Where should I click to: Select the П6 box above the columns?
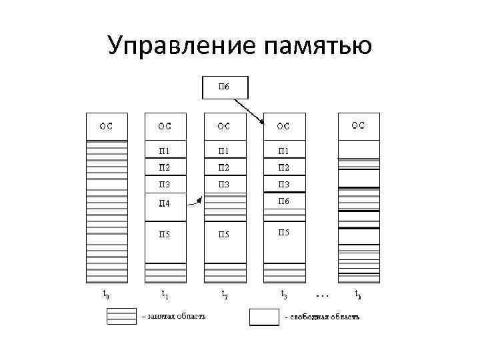[225, 87]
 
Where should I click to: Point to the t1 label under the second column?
[165, 293]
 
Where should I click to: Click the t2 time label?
[225, 293]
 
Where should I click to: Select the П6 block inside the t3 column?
[284, 201]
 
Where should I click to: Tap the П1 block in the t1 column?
[165, 150]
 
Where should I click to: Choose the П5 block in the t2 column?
[225, 234]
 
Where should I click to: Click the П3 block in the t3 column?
[284, 184]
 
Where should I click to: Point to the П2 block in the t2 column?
[225, 167]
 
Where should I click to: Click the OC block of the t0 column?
[106, 126]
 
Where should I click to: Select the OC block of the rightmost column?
[359, 126]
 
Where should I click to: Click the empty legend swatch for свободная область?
[264, 317]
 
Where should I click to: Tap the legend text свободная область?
[323, 317]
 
